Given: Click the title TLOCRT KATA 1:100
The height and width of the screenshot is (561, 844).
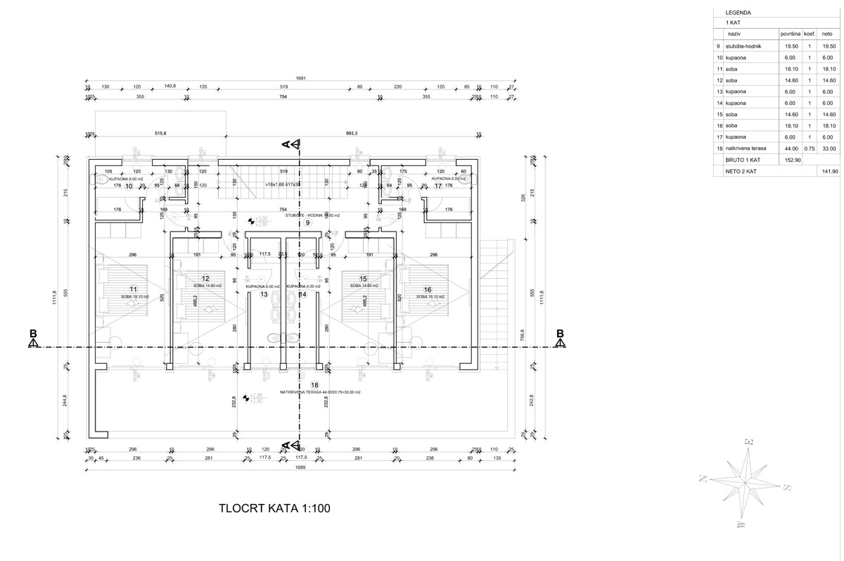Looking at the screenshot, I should pos(274,508).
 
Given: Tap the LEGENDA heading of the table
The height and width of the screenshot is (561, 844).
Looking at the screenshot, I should pos(737,12).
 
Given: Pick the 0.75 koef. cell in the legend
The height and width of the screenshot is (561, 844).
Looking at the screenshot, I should pos(810,149).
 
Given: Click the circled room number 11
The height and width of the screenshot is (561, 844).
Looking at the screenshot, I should pos(133,289).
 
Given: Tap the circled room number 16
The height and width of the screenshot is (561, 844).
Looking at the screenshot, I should pos(428,289).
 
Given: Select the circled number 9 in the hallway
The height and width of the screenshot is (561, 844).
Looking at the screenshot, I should pos(307,222).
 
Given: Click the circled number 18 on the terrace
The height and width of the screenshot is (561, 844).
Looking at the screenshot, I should pos(314,384).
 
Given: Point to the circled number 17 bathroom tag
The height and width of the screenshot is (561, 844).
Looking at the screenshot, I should pos(437,187).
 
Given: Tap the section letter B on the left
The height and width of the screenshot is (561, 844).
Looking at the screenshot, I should pos(32,334).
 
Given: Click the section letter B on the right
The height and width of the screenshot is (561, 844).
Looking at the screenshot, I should pos(560,334).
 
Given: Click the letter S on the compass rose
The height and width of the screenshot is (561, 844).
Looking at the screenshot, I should pos(788,487).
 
